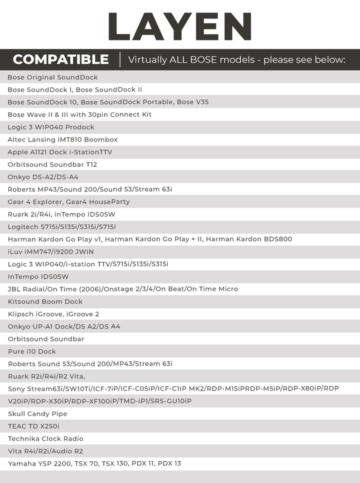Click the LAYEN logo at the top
(179, 26)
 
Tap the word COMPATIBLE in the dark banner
(60, 59)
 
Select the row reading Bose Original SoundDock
(52, 77)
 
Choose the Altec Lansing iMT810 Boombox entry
(62, 139)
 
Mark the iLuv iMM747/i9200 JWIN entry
(50, 251)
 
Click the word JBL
(14, 289)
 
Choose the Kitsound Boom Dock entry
(45, 301)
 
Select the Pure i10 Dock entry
(31, 351)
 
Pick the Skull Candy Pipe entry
(37, 414)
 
